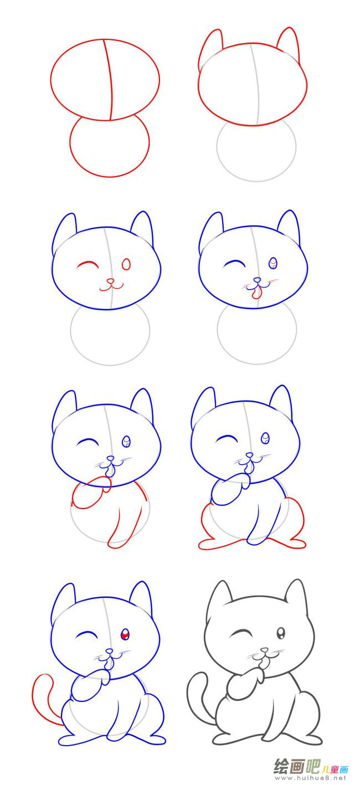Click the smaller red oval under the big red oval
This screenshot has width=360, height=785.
tap(110, 147)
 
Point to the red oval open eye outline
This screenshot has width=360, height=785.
tap(126, 264)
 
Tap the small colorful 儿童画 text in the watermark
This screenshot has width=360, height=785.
tap(335, 769)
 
